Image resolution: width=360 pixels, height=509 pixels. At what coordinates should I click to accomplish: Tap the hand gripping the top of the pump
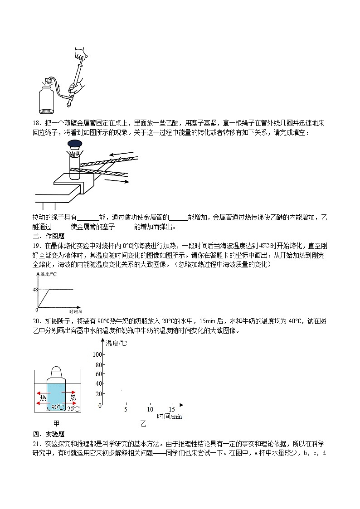point(82,54)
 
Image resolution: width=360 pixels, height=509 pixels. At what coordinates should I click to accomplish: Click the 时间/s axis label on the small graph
point(75,312)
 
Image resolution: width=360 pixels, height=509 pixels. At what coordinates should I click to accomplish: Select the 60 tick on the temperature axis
point(98,374)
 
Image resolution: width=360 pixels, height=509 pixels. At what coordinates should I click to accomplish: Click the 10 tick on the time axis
point(151,409)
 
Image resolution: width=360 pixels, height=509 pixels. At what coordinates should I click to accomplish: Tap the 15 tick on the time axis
point(172,409)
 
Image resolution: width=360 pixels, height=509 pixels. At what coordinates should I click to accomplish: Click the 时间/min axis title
point(169,417)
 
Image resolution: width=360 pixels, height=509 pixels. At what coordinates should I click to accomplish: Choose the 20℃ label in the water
point(73,409)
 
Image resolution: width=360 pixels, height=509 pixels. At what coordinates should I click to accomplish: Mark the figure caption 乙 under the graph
point(143,424)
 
